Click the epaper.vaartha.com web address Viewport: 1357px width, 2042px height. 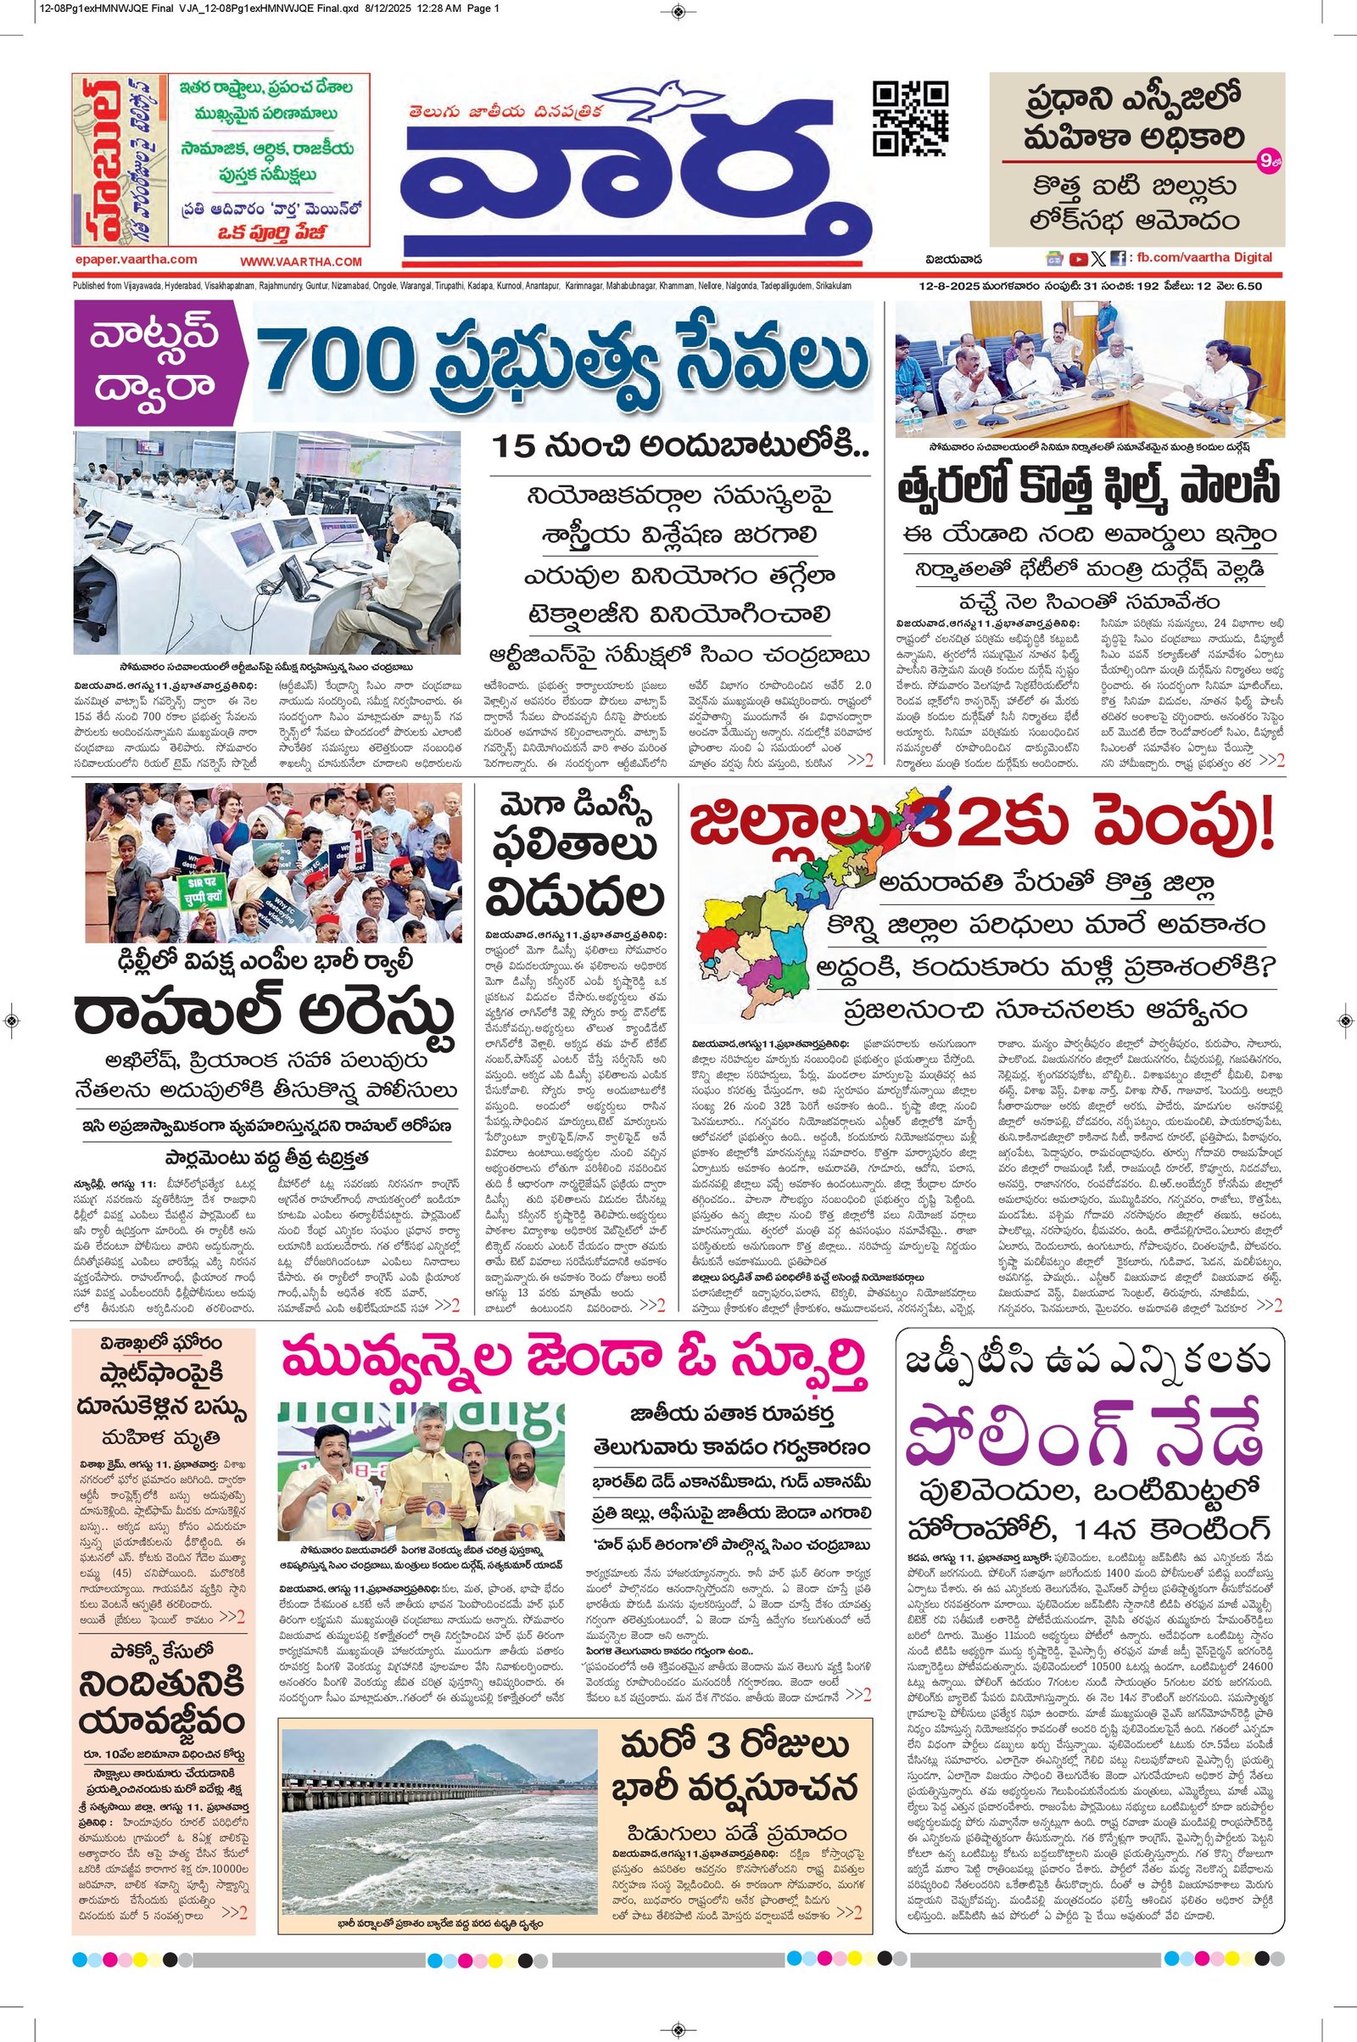click(136, 259)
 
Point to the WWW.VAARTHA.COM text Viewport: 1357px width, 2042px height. click(300, 260)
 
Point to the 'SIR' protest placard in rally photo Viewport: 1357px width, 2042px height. click(201, 891)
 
